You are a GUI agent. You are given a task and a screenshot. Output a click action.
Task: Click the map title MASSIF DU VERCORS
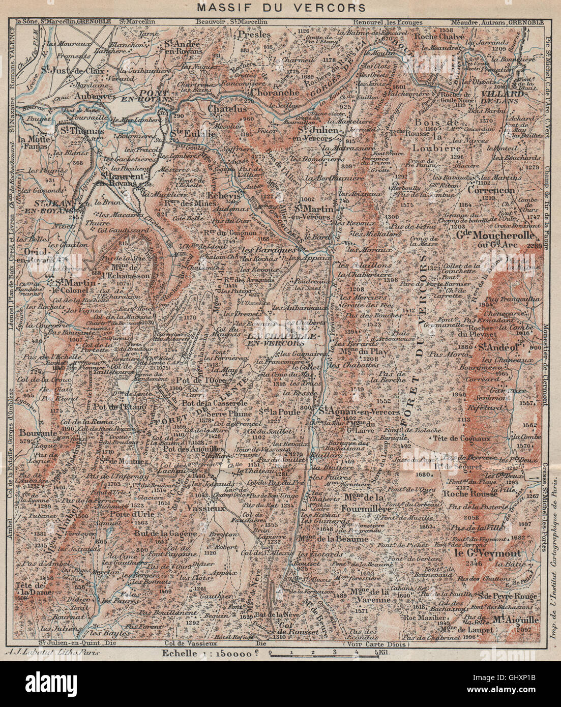(280, 7)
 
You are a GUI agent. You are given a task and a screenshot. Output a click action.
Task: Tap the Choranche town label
(274, 93)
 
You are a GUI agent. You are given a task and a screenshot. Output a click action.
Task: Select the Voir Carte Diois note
(371, 643)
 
